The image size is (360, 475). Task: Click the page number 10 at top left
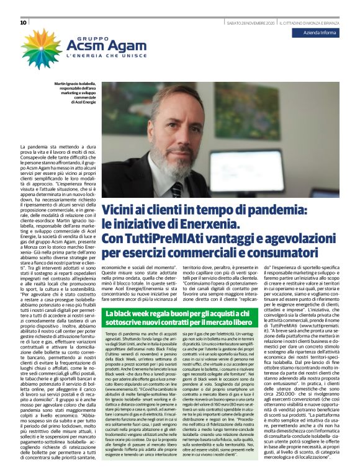tap(24, 23)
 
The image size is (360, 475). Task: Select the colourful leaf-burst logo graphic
tap(41, 48)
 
